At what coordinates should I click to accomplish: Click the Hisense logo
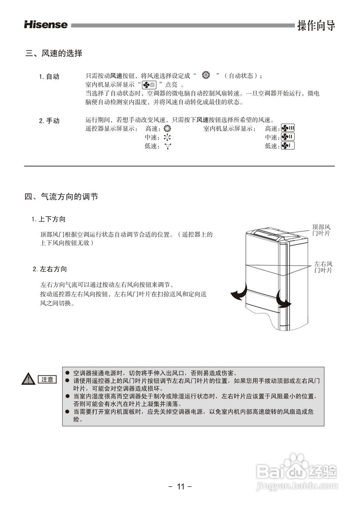pyautogui.click(x=46, y=25)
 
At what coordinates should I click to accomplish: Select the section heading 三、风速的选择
pyautogui.click(x=54, y=53)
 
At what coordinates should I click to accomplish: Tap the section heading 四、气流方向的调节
pyautogui.click(x=61, y=196)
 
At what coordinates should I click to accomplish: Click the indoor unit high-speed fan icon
pyautogui.click(x=288, y=128)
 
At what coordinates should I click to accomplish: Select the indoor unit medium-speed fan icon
pyautogui.click(x=288, y=137)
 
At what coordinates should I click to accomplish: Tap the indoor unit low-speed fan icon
pyautogui.click(x=288, y=146)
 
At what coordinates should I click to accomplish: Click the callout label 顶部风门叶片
pyautogui.click(x=321, y=230)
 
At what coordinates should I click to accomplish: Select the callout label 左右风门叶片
pyautogui.click(x=323, y=267)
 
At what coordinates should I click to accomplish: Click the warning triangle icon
pyautogui.click(x=29, y=379)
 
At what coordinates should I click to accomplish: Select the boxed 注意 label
pyautogui.click(x=47, y=379)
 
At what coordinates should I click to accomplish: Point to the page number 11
pyautogui.click(x=180, y=486)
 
